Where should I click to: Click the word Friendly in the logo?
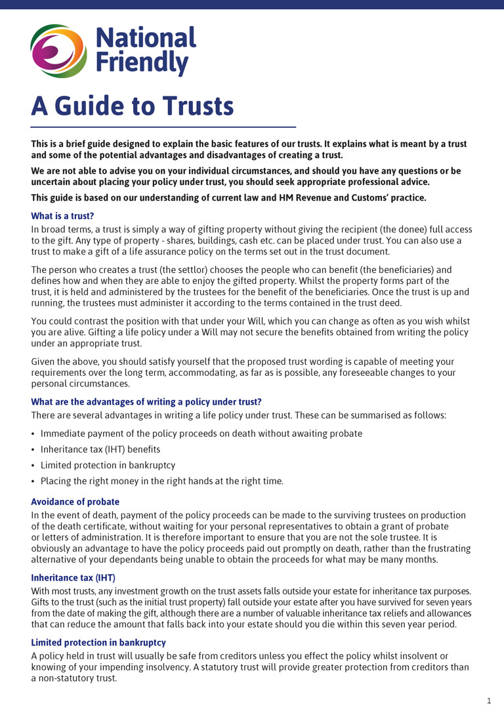point(142,64)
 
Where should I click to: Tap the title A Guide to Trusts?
point(133,106)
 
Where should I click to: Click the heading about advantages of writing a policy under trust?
point(146,401)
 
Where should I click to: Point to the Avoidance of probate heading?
point(75,502)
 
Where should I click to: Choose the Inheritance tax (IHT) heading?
point(73,577)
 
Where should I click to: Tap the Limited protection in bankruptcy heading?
point(98,642)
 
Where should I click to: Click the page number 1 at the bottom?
point(488,701)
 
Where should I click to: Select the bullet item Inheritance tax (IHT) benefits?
point(100,449)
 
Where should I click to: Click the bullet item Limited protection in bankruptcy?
point(108,465)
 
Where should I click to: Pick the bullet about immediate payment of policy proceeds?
point(201,434)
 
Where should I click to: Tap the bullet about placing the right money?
point(162,481)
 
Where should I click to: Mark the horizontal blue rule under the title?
point(163,127)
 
